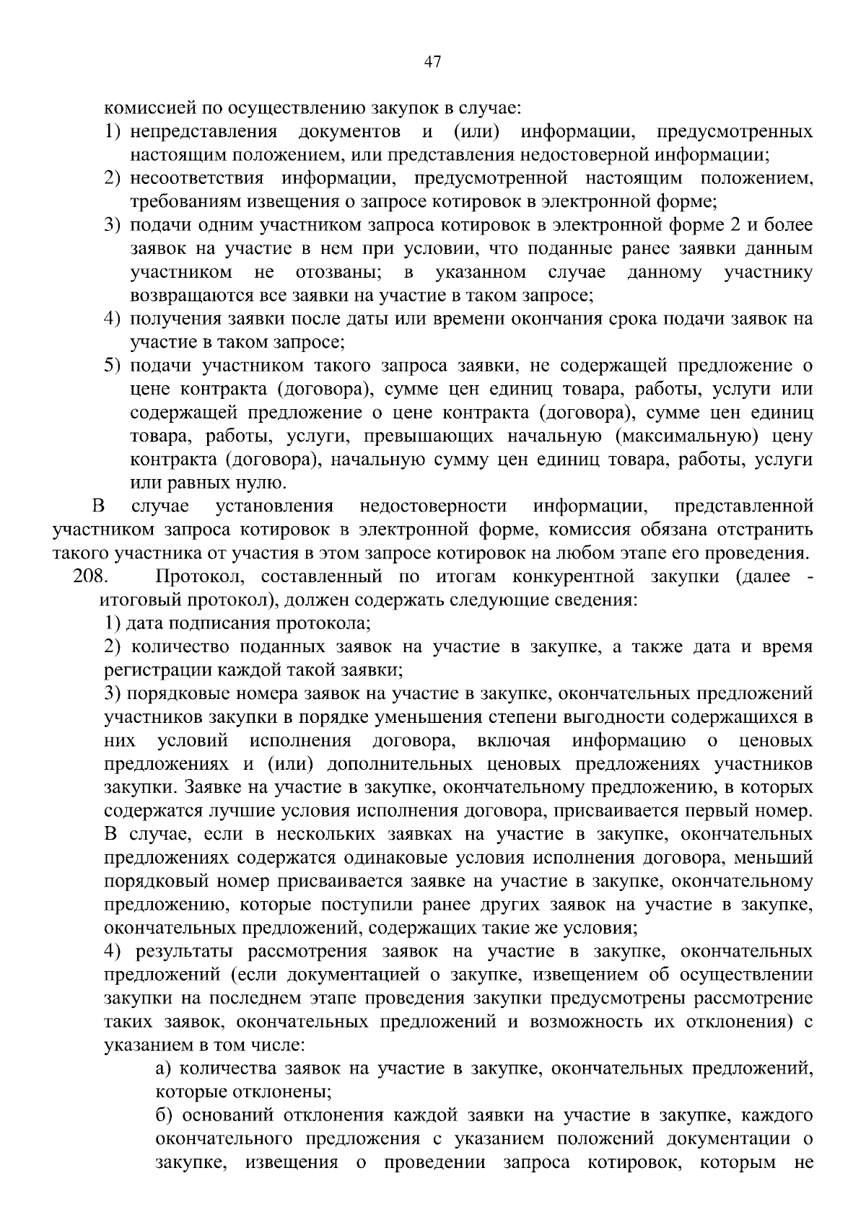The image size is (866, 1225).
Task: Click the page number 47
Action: click(x=432, y=62)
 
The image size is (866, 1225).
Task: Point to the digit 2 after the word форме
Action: click(x=735, y=225)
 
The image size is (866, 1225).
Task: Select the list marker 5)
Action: click(x=110, y=366)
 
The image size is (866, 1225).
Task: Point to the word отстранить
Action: click(x=765, y=530)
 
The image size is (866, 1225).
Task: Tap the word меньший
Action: click(x=777, y=858)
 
